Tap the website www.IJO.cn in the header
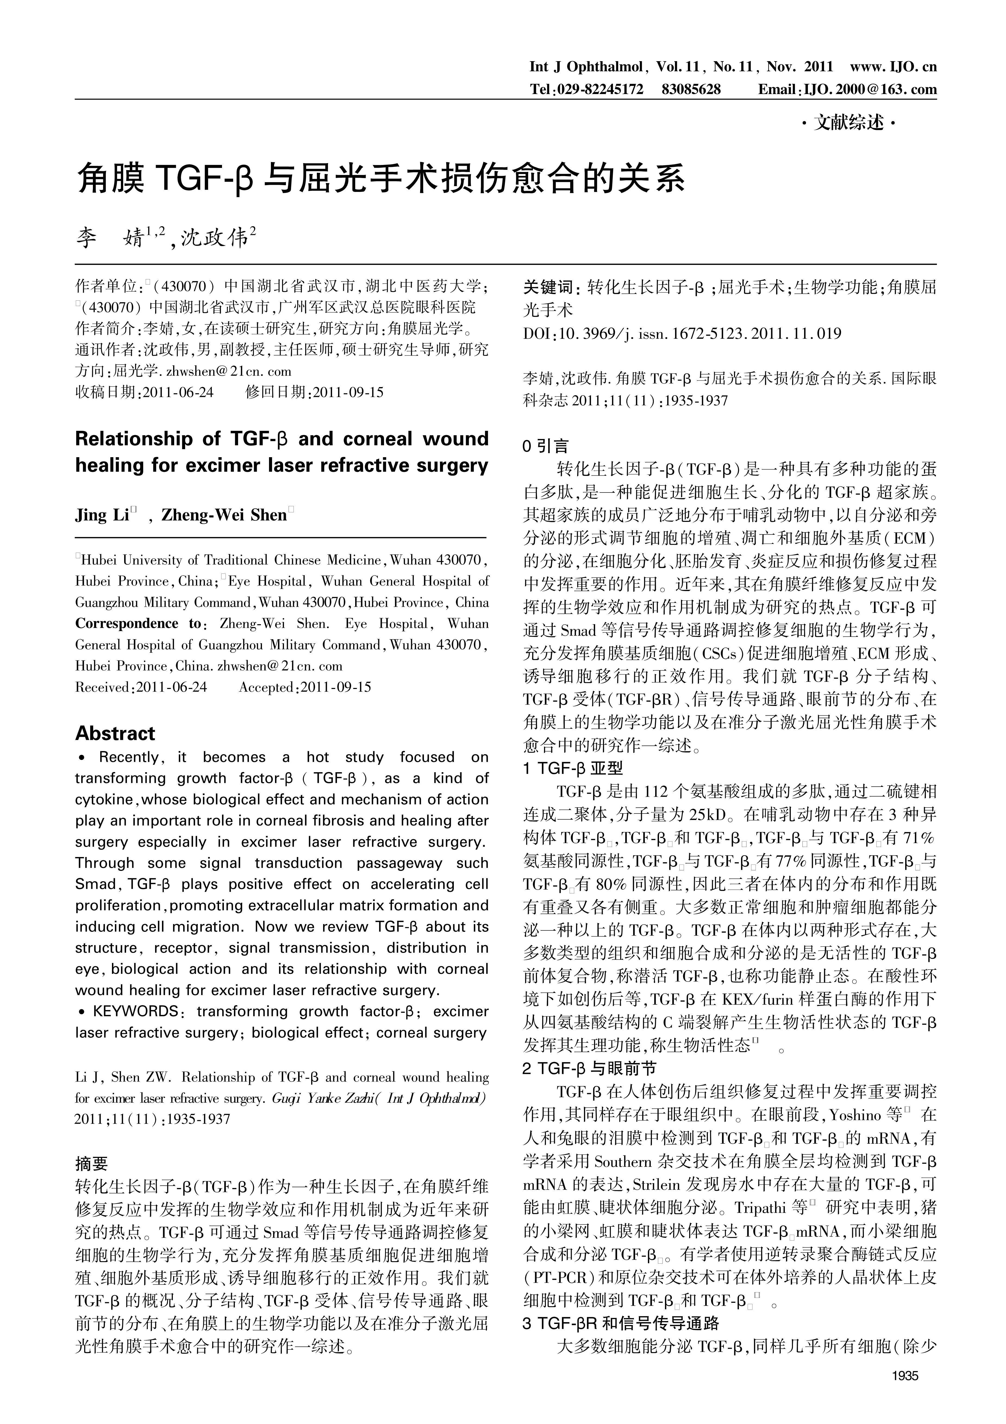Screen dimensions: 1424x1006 click(893, 66)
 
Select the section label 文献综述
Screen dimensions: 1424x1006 click(849, 123)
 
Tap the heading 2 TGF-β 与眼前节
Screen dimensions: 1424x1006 click(589, 1068)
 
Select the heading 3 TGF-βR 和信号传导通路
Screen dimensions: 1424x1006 click(620, 1324)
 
